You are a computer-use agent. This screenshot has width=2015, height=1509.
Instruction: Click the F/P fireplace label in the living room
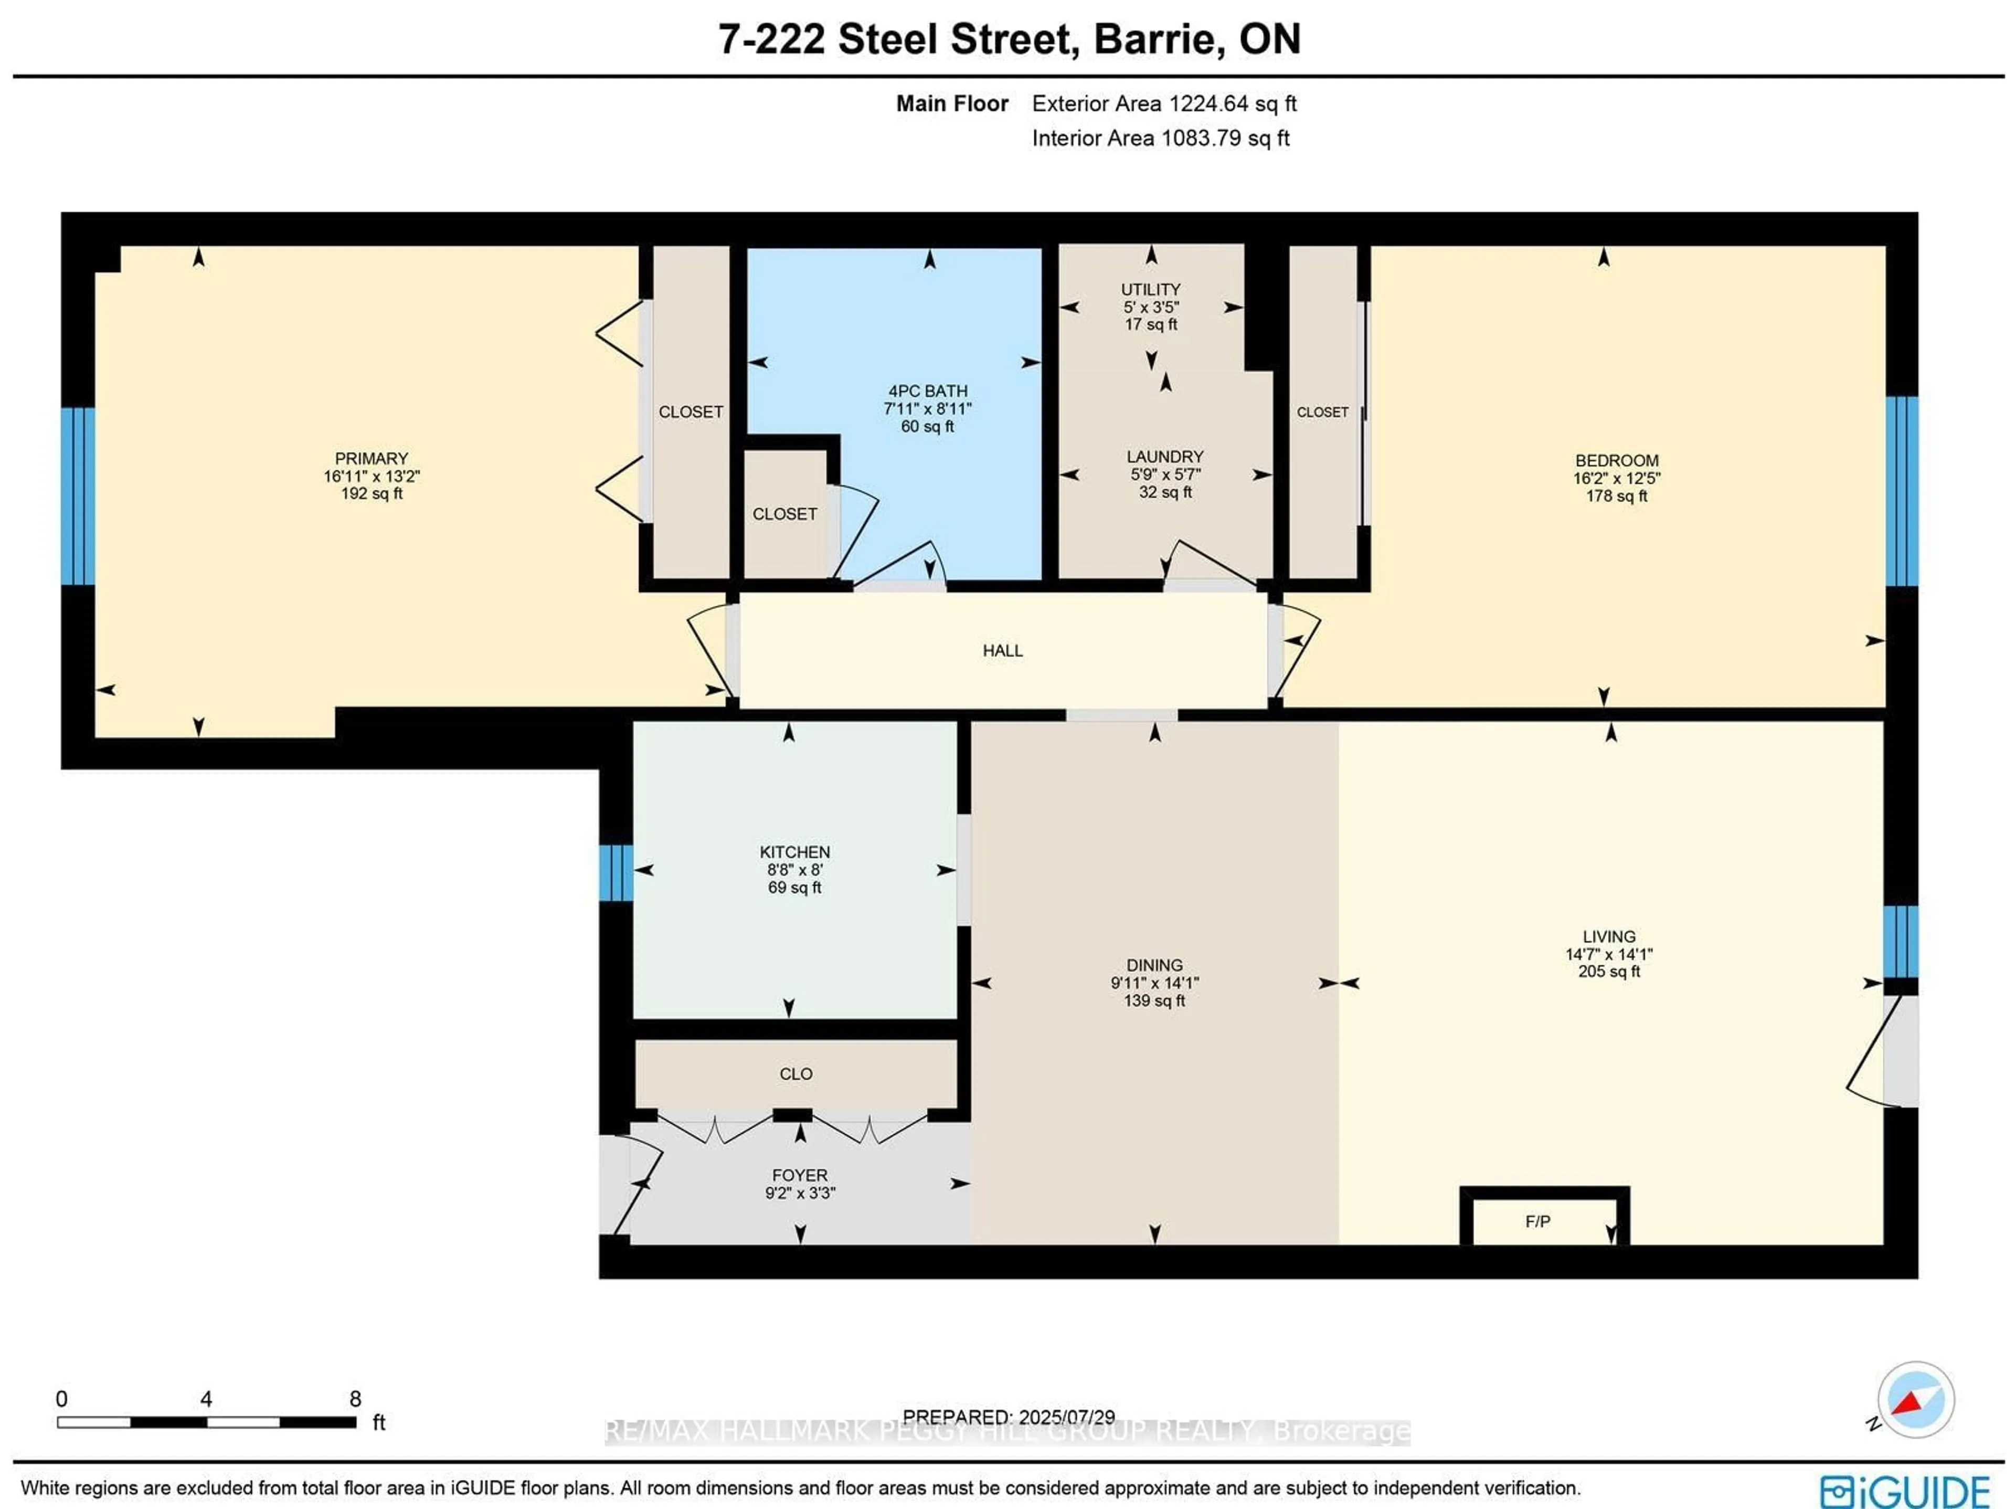tap(1537, 1221)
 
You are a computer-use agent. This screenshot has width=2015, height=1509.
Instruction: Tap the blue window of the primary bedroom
tap(78, 495)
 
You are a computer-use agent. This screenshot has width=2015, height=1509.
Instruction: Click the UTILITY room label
tap(1151, 289)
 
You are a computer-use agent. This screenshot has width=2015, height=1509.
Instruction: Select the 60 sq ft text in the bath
tap(927, 426)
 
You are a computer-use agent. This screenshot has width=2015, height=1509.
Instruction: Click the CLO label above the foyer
tap(796, 1073)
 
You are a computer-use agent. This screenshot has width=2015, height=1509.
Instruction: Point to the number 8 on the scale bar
tap(355, 1399)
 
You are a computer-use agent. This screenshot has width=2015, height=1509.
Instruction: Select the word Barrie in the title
tap(1158, 39)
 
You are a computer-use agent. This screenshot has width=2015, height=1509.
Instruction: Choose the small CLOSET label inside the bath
tap(784, 514)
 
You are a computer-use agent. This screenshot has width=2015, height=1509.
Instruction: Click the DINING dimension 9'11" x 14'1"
tap(1154, 983)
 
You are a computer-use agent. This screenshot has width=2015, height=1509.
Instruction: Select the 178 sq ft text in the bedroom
tap(1616, 495)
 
